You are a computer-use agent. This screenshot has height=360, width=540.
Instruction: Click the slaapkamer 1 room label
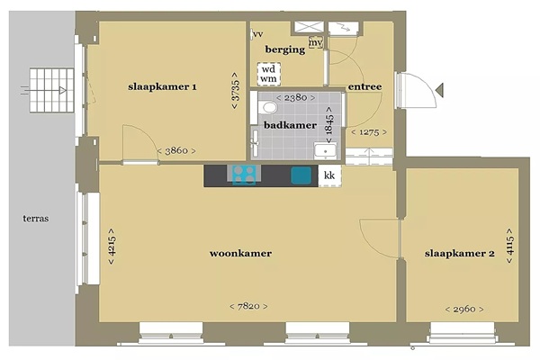[162, 86]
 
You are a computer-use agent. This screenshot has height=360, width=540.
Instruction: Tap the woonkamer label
[240, 254]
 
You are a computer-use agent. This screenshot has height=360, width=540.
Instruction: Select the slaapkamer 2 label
[459, 254]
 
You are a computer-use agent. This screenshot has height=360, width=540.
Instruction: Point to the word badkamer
[290, 125]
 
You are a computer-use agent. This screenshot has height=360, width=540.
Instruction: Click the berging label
[285, 49]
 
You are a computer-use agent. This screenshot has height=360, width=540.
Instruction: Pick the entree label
[364, 86]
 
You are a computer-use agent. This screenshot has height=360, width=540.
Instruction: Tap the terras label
[36, 219]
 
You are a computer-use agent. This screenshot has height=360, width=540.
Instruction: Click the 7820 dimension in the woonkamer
[248, 306]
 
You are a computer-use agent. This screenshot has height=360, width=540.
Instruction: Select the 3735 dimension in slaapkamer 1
[235, 91]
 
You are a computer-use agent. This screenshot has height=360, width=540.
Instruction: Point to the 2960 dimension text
[464, 309]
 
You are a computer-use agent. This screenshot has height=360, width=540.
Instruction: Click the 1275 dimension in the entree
[369, 132]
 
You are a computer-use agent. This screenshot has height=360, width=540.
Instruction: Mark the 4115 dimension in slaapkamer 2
[509, 246]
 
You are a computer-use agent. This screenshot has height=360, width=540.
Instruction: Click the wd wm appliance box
[268, 74]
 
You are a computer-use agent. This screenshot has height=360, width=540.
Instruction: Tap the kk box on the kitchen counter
[329, 175]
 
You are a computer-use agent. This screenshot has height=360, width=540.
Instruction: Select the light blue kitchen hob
[244, 175]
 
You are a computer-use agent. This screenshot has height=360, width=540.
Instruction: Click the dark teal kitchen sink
[301, 175]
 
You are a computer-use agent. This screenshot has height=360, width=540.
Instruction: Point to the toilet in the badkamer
[267, 107]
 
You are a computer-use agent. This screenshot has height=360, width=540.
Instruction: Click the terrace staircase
[51, 90]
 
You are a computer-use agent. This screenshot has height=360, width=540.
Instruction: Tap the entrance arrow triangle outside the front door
[439, 90]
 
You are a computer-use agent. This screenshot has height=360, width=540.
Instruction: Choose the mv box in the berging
[316, 42]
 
